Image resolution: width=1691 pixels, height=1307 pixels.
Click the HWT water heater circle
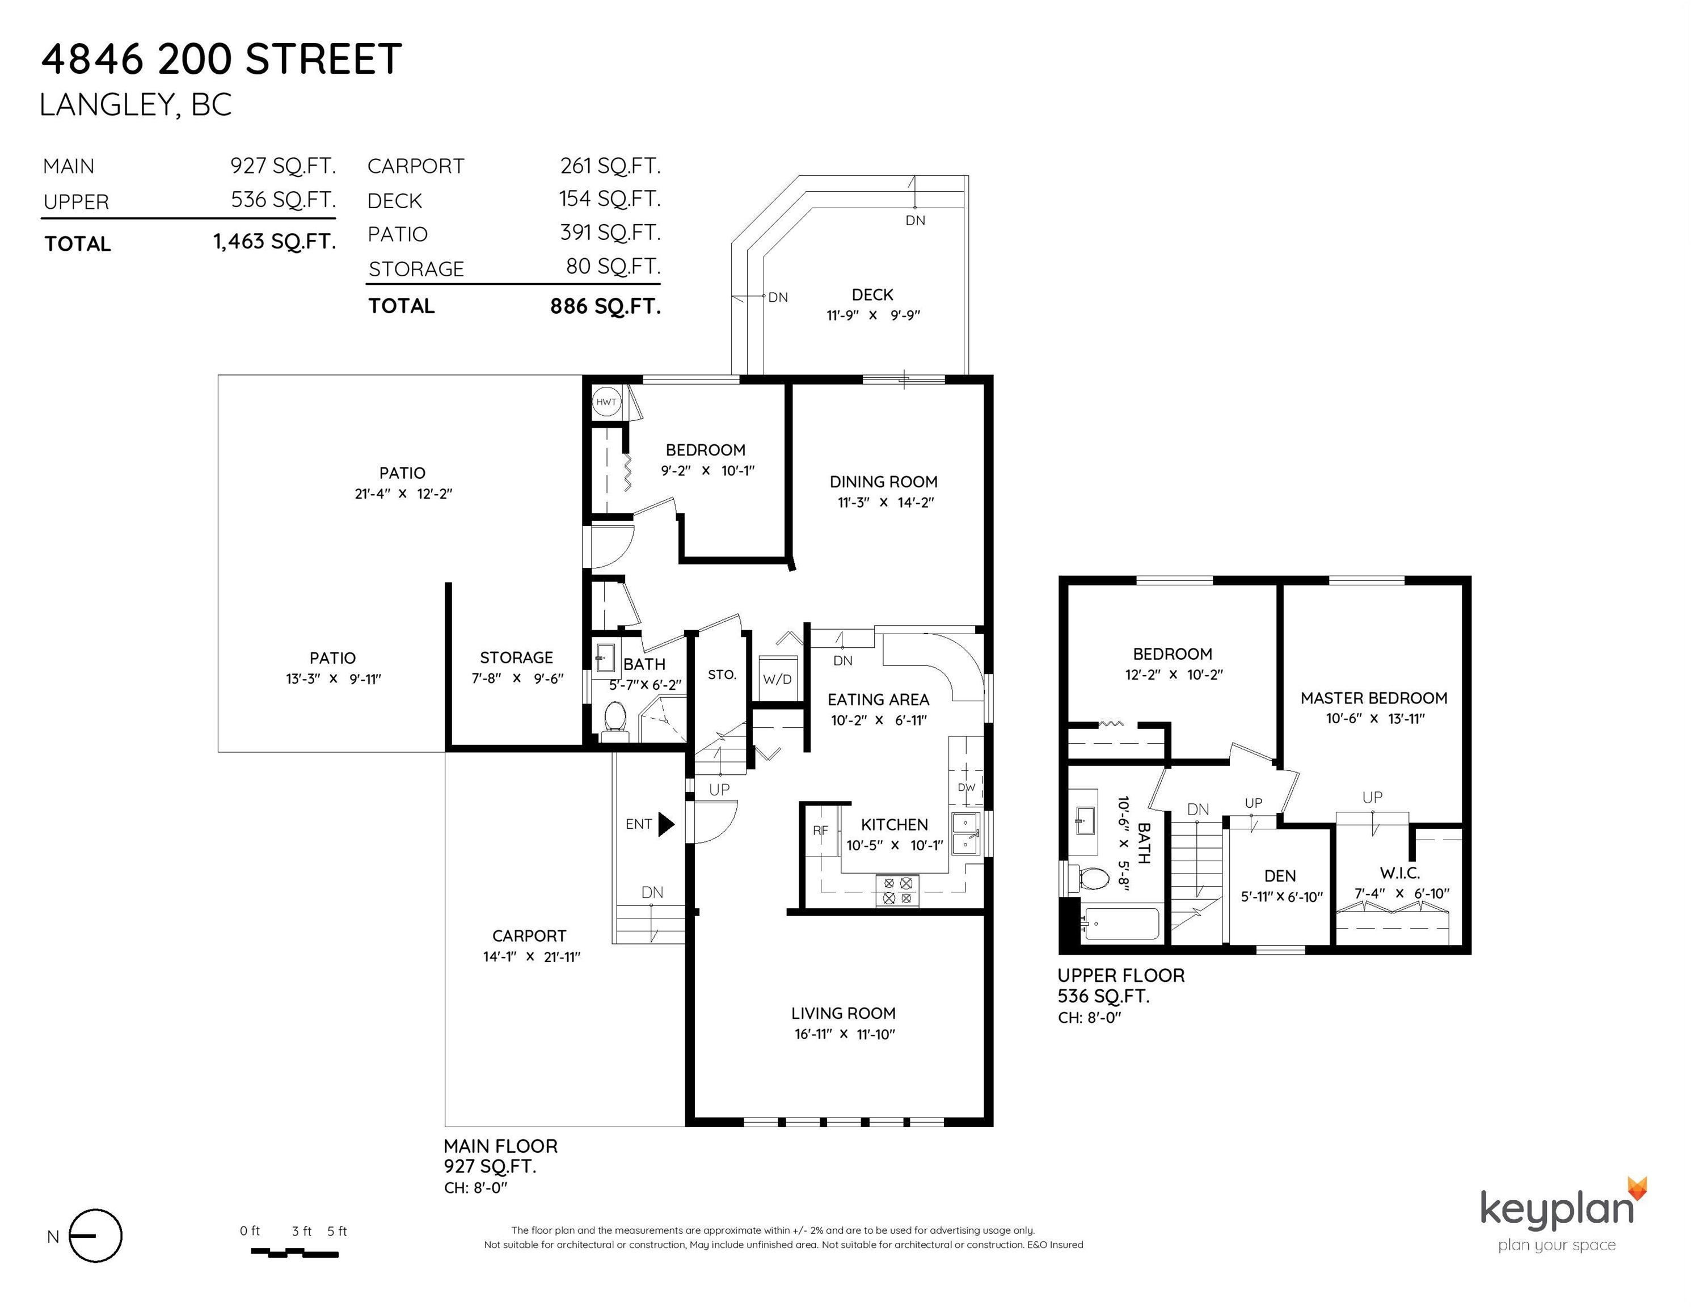point(606,402)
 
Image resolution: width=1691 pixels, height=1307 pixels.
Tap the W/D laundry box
point(777,679)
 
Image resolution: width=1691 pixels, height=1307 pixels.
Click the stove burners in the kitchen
point(897,891)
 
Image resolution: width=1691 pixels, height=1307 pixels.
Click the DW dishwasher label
point(966,787)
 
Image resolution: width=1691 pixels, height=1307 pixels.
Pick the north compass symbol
point(95,1236)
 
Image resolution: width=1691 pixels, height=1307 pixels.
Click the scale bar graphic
point(295,1252)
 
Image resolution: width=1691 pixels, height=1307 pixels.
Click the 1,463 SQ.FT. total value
point(275,242)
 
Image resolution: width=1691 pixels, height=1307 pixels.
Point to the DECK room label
point(872,295)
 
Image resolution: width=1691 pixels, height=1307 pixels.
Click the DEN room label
point(1280,876)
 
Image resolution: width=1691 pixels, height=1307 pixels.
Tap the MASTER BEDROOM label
point(1373,698)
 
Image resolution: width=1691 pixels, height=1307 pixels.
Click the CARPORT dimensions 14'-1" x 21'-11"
point(531,956)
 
